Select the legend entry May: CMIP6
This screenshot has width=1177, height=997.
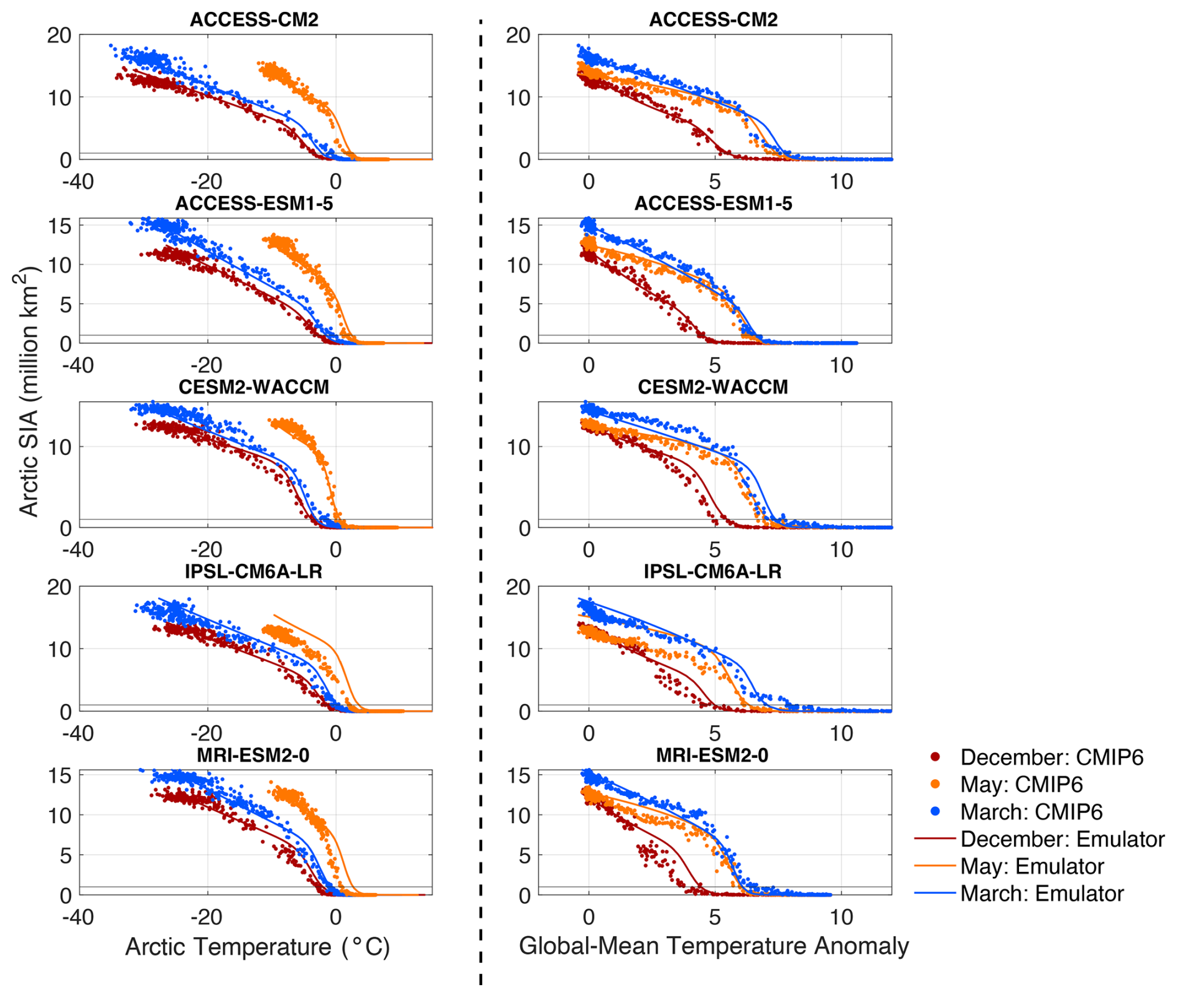1021,784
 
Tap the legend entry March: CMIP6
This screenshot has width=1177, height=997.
1031,812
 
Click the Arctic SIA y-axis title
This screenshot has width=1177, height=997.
29,392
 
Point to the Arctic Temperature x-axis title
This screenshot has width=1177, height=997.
258,947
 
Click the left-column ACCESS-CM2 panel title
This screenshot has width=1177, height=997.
254,20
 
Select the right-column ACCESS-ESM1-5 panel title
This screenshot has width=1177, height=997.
713,204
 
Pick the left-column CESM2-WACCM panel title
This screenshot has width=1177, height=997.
254,387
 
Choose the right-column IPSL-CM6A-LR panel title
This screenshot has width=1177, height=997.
713,571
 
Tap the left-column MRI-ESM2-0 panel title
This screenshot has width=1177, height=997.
254,755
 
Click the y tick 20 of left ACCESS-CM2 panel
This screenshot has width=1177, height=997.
60,35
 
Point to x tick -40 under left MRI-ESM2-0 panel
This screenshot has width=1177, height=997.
78,917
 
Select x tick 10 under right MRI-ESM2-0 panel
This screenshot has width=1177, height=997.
841,917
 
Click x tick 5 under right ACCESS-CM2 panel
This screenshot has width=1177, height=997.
715,182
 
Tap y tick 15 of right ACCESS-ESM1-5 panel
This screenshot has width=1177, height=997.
519,226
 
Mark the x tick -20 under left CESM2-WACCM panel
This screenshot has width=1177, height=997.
207,550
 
